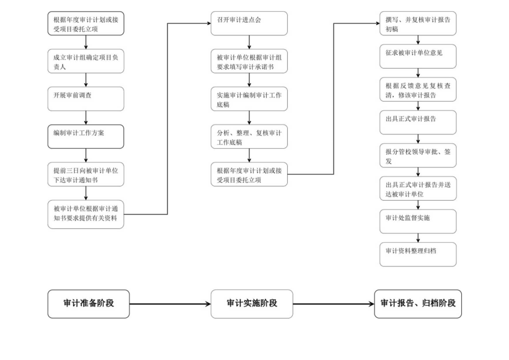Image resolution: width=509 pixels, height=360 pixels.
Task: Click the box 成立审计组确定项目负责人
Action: (x=86, y=61)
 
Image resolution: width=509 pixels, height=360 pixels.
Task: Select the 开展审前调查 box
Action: (x=86, y=98)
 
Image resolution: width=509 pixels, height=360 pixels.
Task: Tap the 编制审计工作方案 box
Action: (x=86, y=136)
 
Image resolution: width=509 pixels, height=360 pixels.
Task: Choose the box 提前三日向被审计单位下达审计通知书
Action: (x=86, y=174)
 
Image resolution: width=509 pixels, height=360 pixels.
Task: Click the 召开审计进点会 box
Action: (x=249, y=23)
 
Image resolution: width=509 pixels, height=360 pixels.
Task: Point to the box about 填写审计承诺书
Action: (x=249, y=61)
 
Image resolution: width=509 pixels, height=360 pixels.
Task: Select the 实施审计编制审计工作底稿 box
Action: (x=249, y=98)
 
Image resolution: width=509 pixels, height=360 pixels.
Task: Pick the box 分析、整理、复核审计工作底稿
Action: (x=249, y=136)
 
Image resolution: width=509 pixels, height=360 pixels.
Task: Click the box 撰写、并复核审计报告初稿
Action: (x=418, y=23)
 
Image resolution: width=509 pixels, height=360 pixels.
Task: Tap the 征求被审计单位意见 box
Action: (x=418, y=56)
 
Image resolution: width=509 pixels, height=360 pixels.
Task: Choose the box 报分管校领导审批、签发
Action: (x=418, y=155)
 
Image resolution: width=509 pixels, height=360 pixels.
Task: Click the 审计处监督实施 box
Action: (x=418, y=221)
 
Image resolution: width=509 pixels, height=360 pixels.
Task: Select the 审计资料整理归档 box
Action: (x=418, y=254)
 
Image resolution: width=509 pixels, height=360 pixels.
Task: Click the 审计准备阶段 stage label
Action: (x=89, y=304)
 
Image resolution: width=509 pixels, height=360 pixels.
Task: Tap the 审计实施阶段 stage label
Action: (x=252, y=304)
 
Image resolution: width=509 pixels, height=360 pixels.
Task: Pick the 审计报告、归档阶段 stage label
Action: (x=418, y=304)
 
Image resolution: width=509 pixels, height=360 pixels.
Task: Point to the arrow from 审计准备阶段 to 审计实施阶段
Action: (x=170, y=304)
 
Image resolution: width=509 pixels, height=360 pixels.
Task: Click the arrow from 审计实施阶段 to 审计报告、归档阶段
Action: (x=334, y=304)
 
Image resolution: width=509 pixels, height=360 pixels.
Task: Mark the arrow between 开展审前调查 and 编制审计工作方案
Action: (x=86, y=117)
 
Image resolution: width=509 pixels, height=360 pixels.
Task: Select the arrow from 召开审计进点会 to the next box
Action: (x=249, y=42)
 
